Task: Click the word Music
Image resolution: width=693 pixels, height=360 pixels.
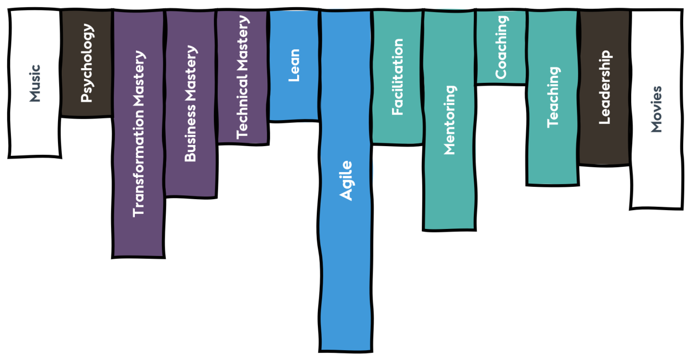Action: coord(35,83)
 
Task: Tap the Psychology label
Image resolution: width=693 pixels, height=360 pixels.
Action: coord(87,63)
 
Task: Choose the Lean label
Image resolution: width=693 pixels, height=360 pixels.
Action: coord(294,66)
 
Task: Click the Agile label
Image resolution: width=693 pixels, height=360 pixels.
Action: coord(346,181)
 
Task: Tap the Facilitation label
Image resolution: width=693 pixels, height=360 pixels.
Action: coord(397,77)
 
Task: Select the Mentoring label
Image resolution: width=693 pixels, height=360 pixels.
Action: coord(449,120)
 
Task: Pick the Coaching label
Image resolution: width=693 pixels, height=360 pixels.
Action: coord(501,47)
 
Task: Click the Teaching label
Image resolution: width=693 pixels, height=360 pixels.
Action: coord(553,97)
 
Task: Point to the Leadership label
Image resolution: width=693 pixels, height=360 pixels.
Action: coord(604,87)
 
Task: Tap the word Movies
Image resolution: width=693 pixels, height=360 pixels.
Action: coord(656,109)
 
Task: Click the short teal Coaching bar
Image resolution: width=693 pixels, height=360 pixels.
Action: coord(501,73)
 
